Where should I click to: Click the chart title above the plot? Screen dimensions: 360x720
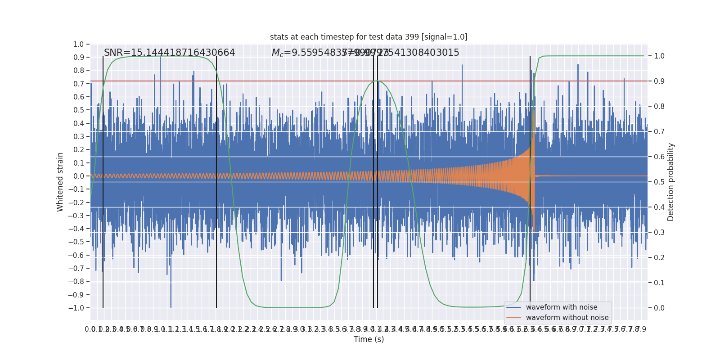pyautogui.click(x=369, y=37)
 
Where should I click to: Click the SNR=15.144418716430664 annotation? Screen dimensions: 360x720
pyautogui.click(x=169, y=53)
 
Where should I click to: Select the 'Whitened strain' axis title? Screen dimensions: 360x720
pyautogui.click(x=60, y=182)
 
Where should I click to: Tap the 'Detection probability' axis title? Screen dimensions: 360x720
pyautogui.click(x=671, y=182)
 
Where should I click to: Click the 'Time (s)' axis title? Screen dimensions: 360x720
pyautogui.click(x=369, y=339)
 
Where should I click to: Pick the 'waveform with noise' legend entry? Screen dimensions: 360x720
pyautogui.click(x=561, y=307)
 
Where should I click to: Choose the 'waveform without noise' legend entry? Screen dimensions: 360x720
pyautogui.click(x=567, y=318)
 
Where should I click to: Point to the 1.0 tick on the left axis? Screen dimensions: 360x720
pyautogui.click(x=78, y=44)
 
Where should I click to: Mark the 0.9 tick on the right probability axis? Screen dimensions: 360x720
pyautogui.click(x=659, y=81)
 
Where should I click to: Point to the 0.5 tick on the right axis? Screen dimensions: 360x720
pyautogui.click(x=659, y=182)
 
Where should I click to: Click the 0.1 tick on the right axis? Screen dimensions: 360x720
pyautogui.click(x=659, y=283)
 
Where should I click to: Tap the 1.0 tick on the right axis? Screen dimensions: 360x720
pyautogui.click(x=659, y=56)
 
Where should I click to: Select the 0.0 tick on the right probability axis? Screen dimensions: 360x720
pyautogui.click(x=659, y=308)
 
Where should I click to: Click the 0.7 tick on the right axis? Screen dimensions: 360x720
pyautogui.click(x=659, y=132)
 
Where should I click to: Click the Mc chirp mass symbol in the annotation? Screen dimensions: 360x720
pyautogui.click(x=277, y=53)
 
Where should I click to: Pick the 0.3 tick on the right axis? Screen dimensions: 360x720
pyautogui.click(x=659, y=233)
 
